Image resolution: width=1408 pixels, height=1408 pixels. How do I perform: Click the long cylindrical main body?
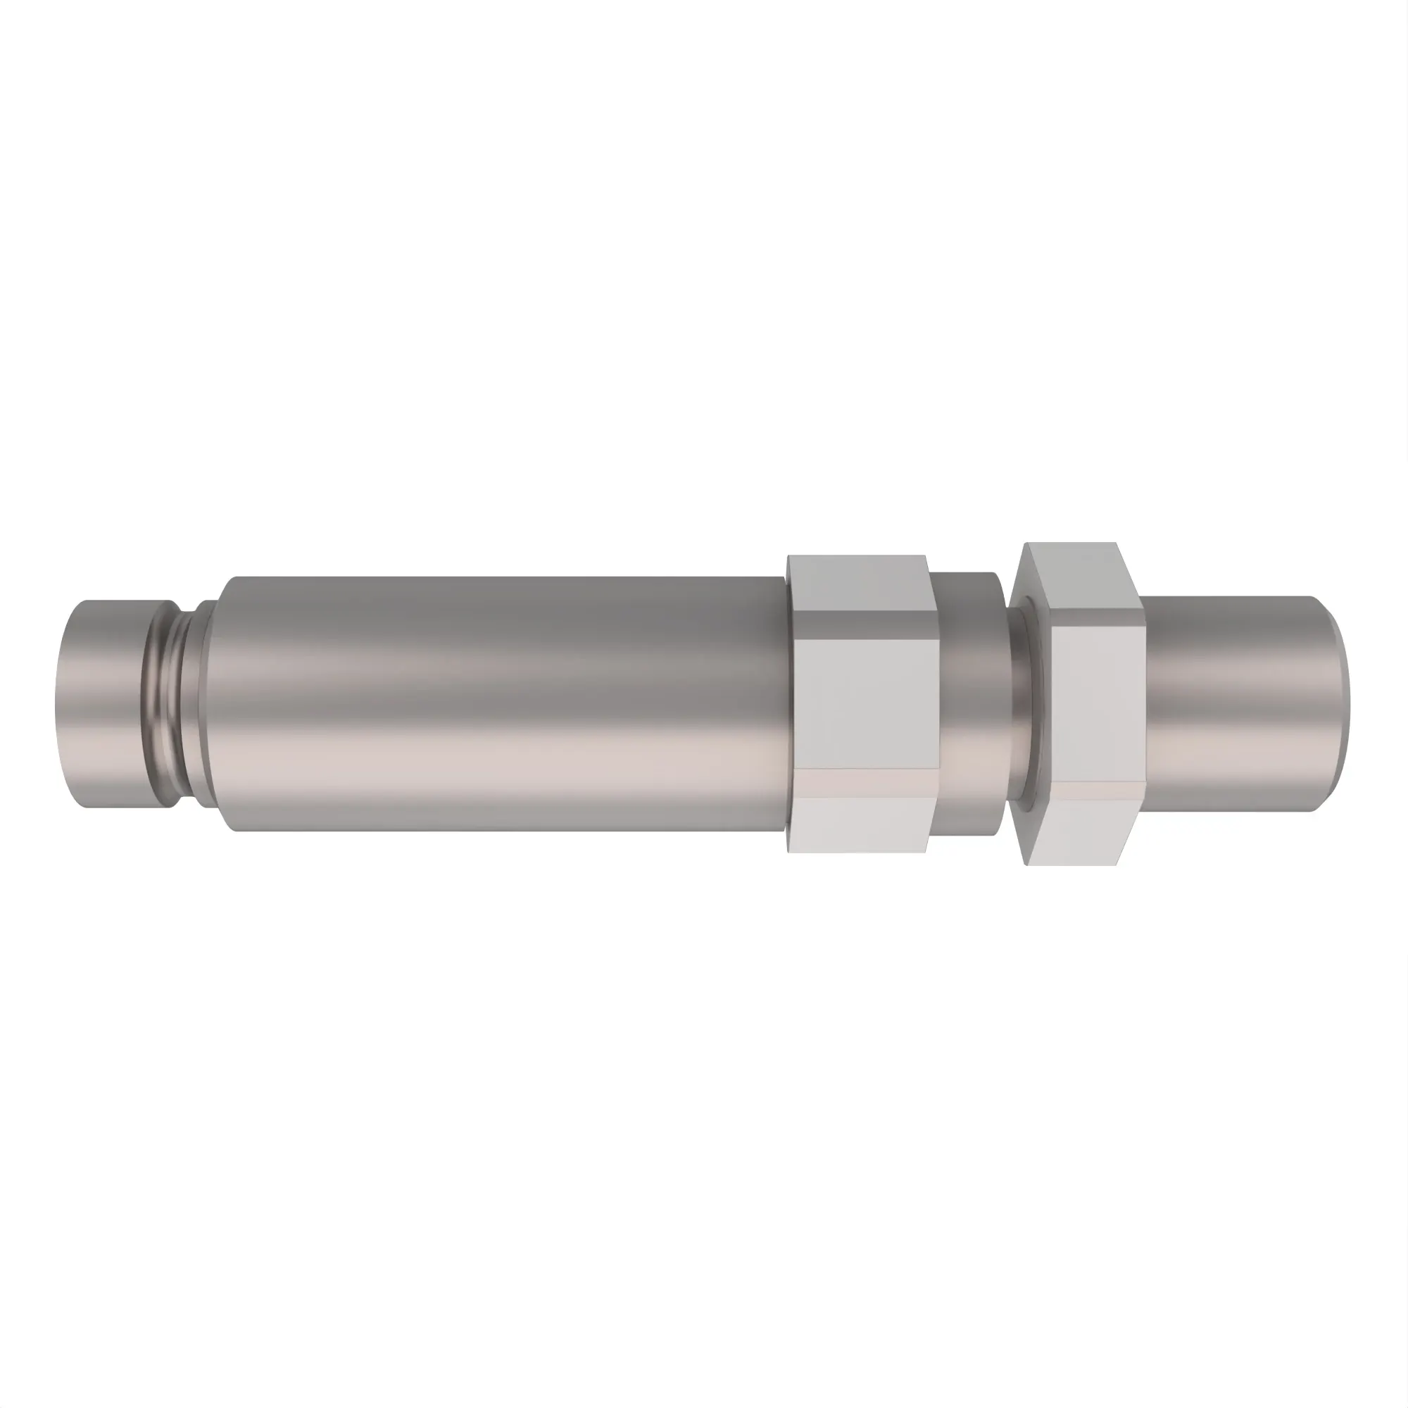click(x=503, y=703)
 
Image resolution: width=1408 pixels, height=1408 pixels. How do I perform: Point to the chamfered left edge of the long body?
click(x=225, y=703)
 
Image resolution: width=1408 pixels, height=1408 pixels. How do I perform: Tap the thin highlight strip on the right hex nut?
click(x=1093, y=793)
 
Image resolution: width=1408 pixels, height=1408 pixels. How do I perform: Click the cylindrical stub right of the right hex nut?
click(x=1231, y=703)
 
